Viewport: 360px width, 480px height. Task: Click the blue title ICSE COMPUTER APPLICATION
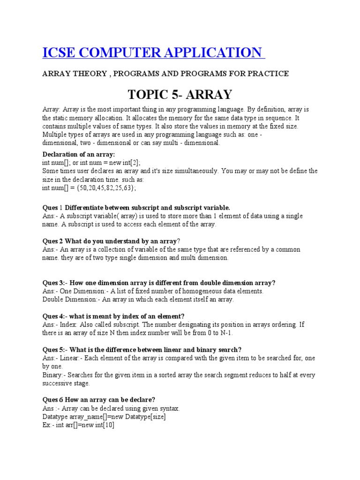(x=152, y=52)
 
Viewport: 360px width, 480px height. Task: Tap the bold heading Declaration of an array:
(x=78, y=154)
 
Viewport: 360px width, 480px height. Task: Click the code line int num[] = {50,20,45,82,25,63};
(x=89, y=187)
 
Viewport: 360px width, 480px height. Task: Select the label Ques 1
(x=52, y=208)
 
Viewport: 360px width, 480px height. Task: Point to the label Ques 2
(x=52, y=241)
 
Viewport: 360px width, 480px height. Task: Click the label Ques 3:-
(x=56, y=283)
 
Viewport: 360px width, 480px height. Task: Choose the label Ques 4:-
(x=56, y=316)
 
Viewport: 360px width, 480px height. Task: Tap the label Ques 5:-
(x=56, y=350)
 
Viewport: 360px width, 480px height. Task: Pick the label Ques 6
(x=52, y=400)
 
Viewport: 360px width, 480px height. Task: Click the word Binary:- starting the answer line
(x=54, y=375)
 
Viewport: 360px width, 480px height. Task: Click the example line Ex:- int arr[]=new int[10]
(x=78, y=425)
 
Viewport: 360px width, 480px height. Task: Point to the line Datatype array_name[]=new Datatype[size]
(x=104, y=417)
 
